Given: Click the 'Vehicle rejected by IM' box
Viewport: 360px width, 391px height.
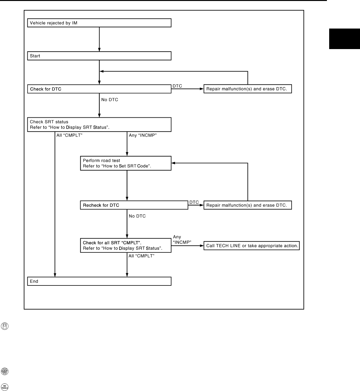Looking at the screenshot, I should point(99,23).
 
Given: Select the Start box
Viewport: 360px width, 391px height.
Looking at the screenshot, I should point(99,56).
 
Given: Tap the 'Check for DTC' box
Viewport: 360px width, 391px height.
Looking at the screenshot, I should point(99,89).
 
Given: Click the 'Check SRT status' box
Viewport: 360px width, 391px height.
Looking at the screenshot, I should point(99,124).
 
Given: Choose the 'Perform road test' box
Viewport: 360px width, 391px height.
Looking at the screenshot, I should point(126,163).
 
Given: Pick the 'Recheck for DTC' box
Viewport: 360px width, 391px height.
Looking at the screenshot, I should point(134,205).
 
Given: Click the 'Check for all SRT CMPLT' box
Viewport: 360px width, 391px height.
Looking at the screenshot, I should point(126,245).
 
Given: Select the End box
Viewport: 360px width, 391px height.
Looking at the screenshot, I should point(99,281).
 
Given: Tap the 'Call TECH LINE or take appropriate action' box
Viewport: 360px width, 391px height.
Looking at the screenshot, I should point(251,246).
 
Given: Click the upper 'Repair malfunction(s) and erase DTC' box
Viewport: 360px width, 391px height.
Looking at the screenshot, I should point(248,89).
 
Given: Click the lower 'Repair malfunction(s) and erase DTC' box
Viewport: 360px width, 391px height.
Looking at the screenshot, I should point(248,205).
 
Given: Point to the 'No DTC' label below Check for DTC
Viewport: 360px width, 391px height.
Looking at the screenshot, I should point(110,100).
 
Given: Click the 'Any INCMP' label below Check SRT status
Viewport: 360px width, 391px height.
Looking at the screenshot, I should point(143,135).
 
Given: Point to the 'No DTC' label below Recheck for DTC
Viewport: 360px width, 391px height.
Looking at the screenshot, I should point(137,216).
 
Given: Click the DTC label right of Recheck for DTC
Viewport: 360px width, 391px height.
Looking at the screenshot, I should point(194,202).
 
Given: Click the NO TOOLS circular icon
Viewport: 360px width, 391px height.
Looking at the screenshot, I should point(5,387).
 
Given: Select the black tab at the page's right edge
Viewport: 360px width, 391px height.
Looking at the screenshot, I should point(344,38).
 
